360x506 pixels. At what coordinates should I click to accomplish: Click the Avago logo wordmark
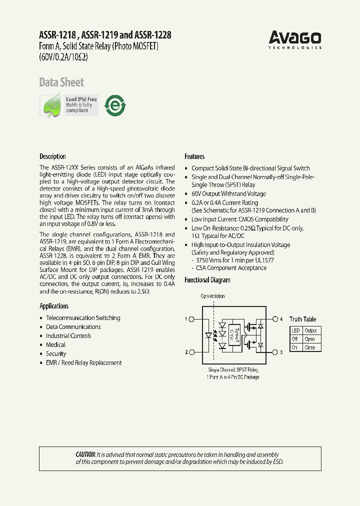pos(294,37)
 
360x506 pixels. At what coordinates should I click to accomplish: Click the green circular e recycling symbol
pos(114,105)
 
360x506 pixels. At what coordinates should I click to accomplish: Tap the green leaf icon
pos(52,106)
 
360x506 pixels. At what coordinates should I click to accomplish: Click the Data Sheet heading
pos(61,82)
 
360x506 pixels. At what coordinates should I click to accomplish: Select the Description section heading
pos(52,156)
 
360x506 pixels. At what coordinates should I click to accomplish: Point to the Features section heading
pos(194,156)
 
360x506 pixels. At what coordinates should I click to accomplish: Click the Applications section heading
pos(54,306)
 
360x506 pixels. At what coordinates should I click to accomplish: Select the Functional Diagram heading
pos(207,280)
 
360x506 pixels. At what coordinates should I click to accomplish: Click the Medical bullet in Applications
pos(55,345)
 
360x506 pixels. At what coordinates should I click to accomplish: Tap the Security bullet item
pos(56,354)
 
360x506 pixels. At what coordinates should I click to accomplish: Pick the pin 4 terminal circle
pos(275,319)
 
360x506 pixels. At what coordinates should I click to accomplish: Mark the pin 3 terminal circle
pos(275,352)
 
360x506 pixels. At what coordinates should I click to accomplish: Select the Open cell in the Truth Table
pos(310,339)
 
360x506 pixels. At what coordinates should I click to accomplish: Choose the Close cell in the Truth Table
pos(310,347)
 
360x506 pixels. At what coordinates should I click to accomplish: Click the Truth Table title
pos(302,319)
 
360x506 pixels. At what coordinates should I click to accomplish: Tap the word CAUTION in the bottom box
pos(85,454)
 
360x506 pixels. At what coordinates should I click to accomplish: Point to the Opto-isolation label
pos(213,296)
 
